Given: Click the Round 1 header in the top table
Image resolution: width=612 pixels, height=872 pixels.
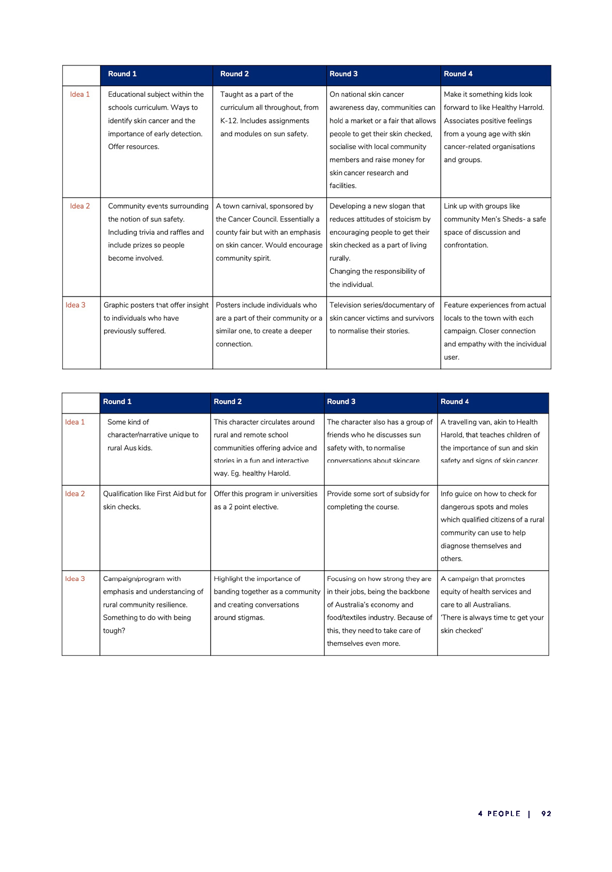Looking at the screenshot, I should click(122, 74).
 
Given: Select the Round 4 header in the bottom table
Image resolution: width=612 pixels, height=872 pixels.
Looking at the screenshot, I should click(454, 402).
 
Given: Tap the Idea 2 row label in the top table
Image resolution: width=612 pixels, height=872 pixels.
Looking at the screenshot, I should click(80, 206).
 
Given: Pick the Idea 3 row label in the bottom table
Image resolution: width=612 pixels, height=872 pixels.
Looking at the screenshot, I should click(75, 579).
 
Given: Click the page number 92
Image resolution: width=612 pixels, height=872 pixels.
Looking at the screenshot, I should click(546, 813).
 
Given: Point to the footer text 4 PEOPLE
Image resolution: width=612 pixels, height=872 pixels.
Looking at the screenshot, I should click(499, 813).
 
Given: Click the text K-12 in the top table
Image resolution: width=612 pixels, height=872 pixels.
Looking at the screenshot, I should click(228, 121).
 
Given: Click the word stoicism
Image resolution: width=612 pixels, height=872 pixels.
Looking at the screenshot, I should click(405, 219).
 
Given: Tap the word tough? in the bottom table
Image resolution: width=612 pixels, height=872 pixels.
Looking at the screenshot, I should click(114, 631).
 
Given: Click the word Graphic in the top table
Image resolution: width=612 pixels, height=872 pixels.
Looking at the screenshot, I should click(117, 305).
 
